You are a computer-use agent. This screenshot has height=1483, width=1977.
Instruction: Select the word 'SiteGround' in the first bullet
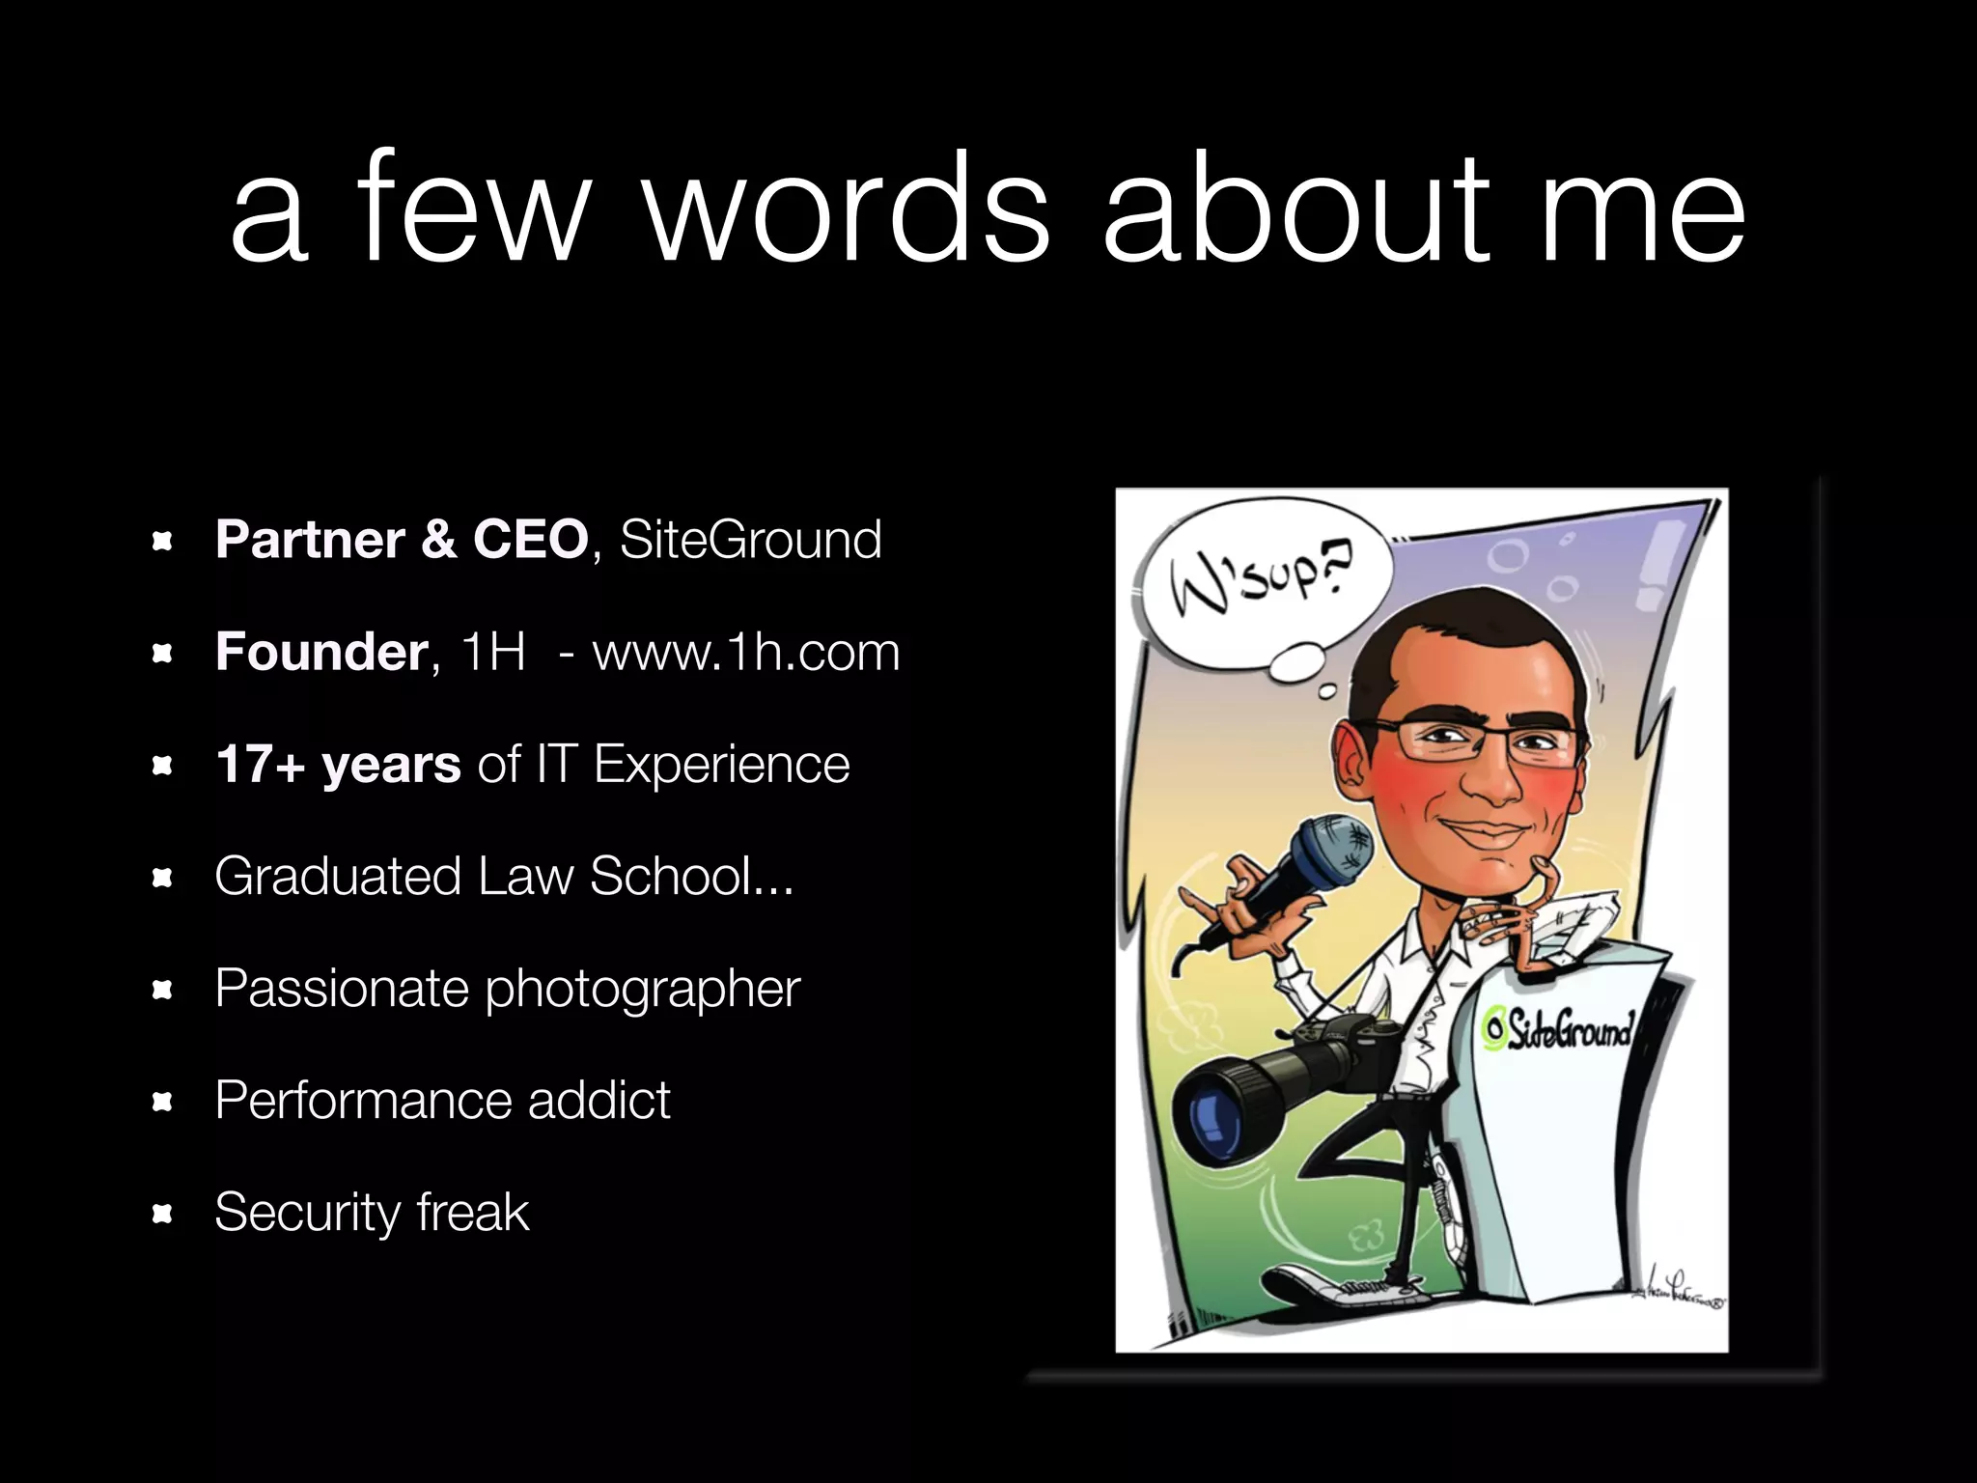click(750, 539)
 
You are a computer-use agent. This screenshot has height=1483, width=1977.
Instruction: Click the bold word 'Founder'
click(321, 652)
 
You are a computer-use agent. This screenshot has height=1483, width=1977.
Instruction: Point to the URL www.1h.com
click(745, 652)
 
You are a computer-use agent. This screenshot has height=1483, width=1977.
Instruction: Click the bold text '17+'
click(259, 765)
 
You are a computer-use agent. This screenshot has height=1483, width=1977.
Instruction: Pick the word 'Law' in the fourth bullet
click(526, 876)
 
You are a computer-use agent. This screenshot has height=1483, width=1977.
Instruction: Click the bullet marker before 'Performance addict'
click(162, 1101)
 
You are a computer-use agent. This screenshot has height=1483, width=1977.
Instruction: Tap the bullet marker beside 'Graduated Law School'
click(162, 877)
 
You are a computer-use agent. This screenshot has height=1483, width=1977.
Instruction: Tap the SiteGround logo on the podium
click(1557, 1030)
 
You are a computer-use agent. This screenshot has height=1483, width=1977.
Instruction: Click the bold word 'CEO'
click(529, 539)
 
